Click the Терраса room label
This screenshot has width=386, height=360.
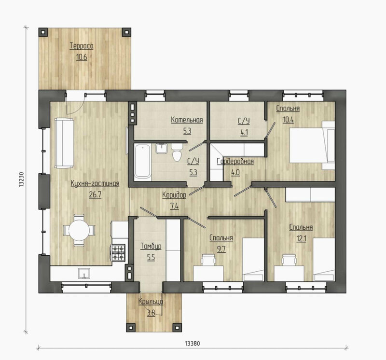[x=82, y=46]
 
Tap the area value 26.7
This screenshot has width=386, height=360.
[x=95, y=195]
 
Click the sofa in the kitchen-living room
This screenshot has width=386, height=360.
[x=64, y=143]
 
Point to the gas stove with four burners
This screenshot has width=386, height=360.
[x=118, y=253]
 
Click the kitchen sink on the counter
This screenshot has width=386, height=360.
[x=84, y=273]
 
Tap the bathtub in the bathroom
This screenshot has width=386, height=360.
[x=142, y=161]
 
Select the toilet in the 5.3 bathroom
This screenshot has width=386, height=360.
[x=177, y=152]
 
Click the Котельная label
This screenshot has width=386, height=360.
[x=187, y=120]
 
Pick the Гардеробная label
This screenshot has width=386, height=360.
[x=235, y=162]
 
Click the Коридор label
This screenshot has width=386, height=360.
[x=174, y=195]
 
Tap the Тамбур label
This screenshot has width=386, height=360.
[x=151, y=246]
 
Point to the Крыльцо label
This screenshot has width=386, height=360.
[x=151, y=302]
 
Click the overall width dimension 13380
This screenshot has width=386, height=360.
[x=192, y=343]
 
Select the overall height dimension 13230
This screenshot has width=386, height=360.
[x=21, y=179]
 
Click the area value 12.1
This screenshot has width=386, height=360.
[x=301, y=238]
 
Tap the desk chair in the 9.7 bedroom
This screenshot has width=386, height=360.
[x=208, y=260]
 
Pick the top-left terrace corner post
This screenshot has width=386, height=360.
[x=43, y=32]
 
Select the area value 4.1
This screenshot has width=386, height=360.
[x=244, y=133]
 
